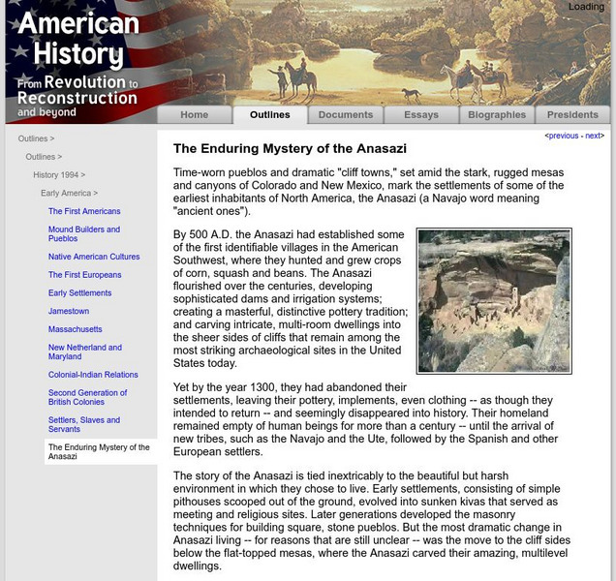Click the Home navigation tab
pyautogui.click(x=194, y=114)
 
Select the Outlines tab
pyautogui.click(x=269, y=114)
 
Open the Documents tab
pyautogui.click(x=345, y=114)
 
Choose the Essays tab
pyautogui.click(x=421, y=114)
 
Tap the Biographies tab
pyautogui.click(x=497, y=114)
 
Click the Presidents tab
pyautogui.click(x=572, y=114)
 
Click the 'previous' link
pyautogui.click(x=564, y=137)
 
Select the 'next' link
pyautogui.click(x=593, y=137)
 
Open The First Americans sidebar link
pyautogui.click(x=84, y=211)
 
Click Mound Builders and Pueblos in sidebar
pyautogui.click(x=84, y=234)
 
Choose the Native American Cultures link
pyautogui.click(x=94, y=257)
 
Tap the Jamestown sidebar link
pyautogui.click(x=69, y=311)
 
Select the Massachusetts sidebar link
pyautogui.click(x=76, y=329)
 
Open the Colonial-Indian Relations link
pyautogui.click(x=93, y=375)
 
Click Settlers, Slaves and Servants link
pyautogui.click(x=84, y=425)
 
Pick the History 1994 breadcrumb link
pyautogui.click(x=56, y=175)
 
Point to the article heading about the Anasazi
pyautogui.click(x=290, y=149)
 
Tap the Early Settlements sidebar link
pyautogui.click(x=79, y=293)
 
